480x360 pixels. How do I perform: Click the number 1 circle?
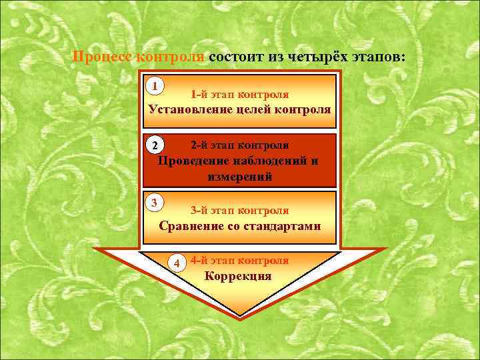155,86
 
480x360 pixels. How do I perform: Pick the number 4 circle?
177,263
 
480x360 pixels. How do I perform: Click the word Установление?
191,109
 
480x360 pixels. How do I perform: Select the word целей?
259,109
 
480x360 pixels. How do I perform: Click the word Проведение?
194,161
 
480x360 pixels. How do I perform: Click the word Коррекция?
238,276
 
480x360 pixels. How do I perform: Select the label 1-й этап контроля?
239,95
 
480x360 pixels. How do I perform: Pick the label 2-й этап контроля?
239,145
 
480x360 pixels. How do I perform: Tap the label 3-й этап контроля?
239,211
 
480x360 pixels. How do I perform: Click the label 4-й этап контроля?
239,260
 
